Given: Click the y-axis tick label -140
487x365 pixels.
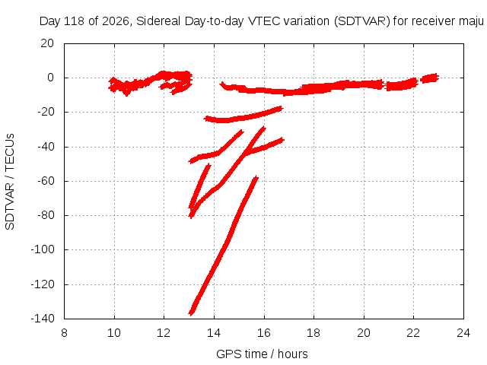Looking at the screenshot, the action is pos(43,318).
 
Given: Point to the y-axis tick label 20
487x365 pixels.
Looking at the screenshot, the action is pos(47,43).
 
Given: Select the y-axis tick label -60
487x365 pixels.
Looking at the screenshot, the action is pos(46,181).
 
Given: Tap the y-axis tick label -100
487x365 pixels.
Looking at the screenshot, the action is pos(43,249).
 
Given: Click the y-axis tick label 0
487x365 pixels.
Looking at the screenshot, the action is pos(51,78).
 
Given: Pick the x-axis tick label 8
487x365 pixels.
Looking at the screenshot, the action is pos(64,333).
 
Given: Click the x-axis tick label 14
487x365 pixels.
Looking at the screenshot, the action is pos(214,333).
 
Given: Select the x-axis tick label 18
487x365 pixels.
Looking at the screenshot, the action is pos(314,333).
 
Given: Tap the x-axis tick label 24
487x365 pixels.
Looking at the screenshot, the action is pos(463,333).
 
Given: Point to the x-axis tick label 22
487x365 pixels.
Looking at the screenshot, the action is pos(413,333).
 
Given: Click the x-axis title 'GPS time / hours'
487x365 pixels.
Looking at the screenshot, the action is pos(262,354).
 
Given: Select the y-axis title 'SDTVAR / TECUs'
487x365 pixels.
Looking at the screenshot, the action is pos(10,182).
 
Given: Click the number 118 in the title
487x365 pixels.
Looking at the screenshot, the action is pos(75,21).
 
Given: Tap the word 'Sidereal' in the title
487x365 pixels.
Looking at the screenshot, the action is pos(158,21).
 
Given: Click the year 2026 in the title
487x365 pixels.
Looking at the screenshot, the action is pos(116,21).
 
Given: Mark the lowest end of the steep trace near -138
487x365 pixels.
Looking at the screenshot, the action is pos(191,313).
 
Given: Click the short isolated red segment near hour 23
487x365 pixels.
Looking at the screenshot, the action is pos(429,78).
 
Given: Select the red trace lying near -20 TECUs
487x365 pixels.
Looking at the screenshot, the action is pos(243,116).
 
